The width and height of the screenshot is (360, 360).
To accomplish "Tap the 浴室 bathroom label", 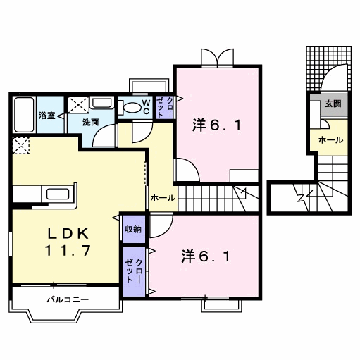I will coord(47,115).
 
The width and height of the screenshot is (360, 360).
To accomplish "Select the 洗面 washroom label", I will coord(91,121).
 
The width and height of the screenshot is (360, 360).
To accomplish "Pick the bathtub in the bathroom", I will coord(24,113).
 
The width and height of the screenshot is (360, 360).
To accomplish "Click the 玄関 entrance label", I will coord(333,104).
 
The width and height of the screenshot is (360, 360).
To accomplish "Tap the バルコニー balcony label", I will coord(68,299).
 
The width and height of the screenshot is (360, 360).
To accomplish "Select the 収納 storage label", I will coord(133,228).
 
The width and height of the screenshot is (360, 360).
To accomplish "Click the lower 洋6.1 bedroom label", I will coord(205,256).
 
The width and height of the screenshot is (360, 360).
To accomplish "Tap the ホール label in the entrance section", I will coord(331,139).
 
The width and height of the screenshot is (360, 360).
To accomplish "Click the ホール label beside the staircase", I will coord(163,199).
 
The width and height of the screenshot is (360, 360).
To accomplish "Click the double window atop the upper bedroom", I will coord(216,56).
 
